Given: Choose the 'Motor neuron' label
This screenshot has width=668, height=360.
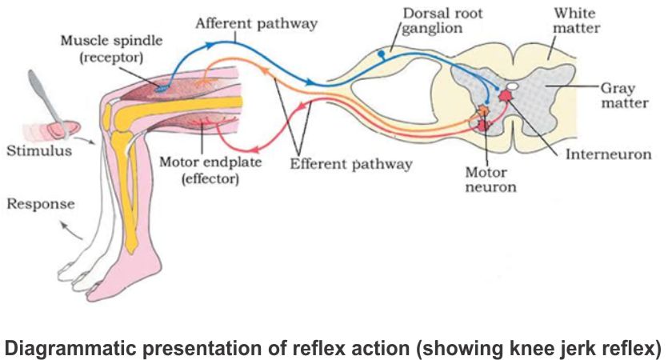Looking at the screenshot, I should tap(490, 179).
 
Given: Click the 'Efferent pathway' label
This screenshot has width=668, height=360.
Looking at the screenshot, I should tap(351, 164).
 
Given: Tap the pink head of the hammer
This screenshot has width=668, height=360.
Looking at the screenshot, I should tap(60, 126).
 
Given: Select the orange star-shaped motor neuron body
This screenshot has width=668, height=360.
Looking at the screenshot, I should tap(485, 111).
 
